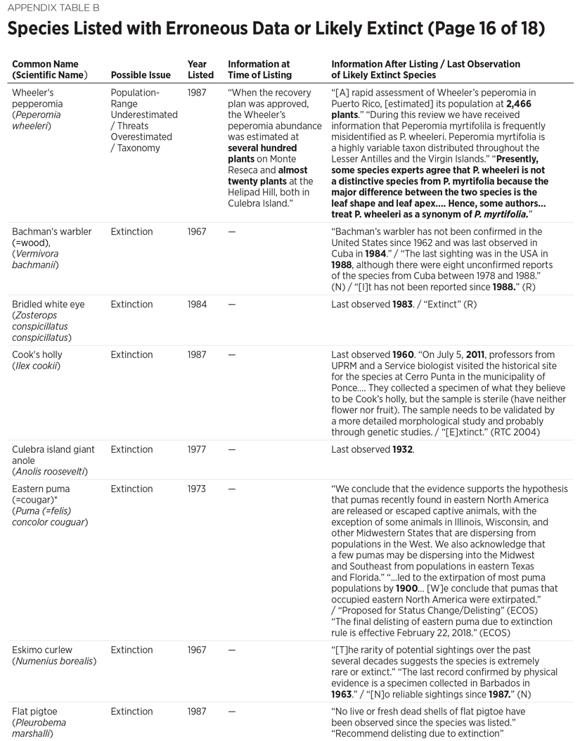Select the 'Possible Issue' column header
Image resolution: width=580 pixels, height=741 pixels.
tap(141, 75)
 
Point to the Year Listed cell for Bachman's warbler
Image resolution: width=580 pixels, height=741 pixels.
tap(197, 231)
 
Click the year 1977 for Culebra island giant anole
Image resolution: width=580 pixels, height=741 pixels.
tap(197, 449)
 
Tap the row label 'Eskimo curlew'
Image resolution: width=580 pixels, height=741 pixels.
tap(42, 650)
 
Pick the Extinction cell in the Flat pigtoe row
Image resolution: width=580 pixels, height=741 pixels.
tap(131, 711)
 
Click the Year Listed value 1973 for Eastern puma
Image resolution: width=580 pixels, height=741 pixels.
tap(197, 489)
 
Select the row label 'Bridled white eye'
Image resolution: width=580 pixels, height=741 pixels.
tap(48, 304)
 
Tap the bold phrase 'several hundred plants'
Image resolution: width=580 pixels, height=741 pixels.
tap(262, 153)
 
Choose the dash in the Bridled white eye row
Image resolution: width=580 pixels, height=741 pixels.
tap(232, 304)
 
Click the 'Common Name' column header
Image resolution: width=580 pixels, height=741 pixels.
tap(45, 64)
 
